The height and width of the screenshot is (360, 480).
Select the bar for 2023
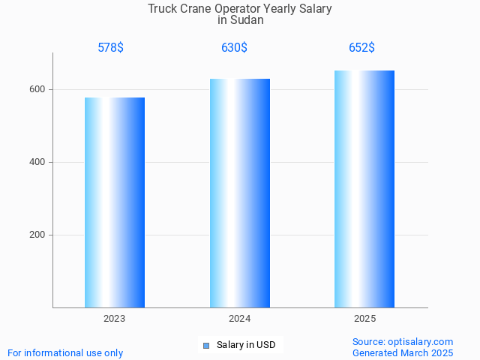115,202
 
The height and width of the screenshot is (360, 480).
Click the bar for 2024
240,193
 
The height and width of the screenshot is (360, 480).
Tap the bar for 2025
364,189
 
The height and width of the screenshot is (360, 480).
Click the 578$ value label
111,48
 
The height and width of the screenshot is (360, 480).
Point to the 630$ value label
234,48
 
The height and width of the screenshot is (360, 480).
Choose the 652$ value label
361,48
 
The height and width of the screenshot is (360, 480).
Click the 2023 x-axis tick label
115,319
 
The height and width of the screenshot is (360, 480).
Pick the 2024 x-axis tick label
240,319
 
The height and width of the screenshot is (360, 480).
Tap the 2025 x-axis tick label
364,319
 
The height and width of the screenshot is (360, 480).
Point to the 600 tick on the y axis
37,89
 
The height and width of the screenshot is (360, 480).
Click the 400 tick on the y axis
37,162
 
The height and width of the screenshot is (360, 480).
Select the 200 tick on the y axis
37,235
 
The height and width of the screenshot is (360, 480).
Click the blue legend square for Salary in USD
205,345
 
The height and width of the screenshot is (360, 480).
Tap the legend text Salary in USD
246,345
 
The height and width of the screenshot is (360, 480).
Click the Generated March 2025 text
403,352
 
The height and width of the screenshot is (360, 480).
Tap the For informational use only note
65,352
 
